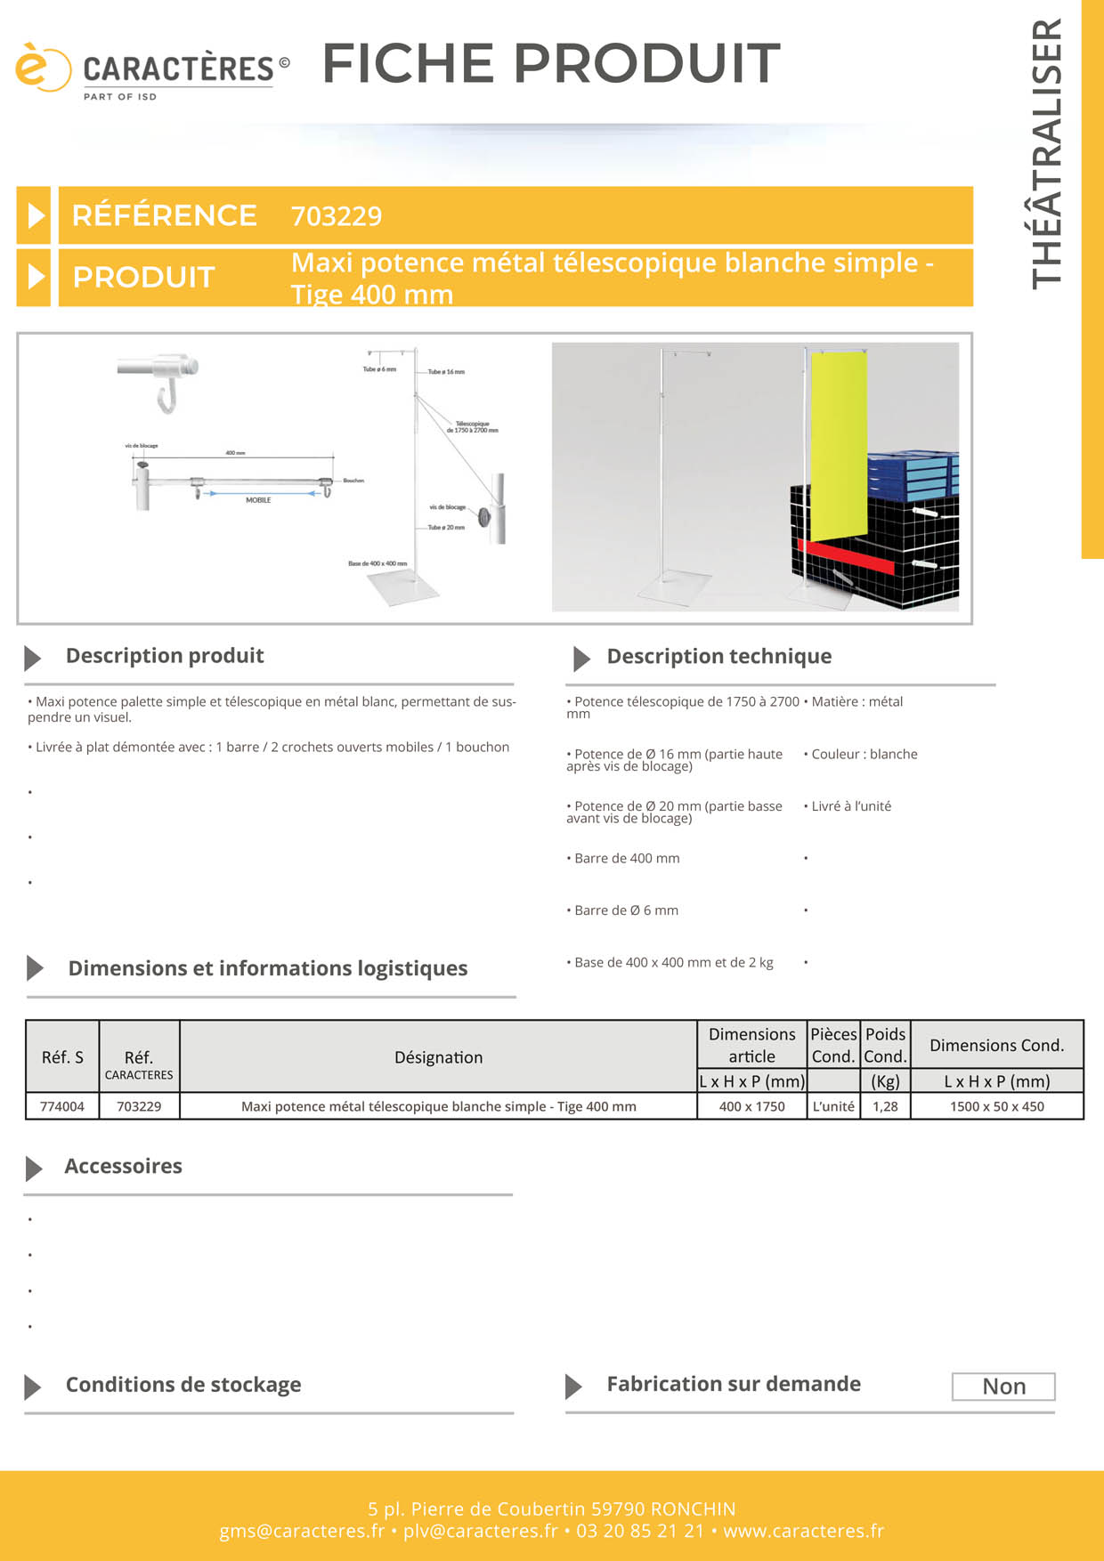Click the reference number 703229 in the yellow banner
[337, 216]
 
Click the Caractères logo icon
[41, 68]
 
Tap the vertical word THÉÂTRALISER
[1047, 153]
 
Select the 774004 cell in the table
[62, 1106]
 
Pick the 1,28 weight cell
[885, 1106]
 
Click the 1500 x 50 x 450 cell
[996, 1106]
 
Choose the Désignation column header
[438, 1057]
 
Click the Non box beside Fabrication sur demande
[1003, 1387]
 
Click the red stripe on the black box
[846, 555]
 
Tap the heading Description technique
[718, 657]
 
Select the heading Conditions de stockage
[183, 1385]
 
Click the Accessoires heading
[123, 1167]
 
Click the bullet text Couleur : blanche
[864, 755]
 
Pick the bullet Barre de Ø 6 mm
[626, 910]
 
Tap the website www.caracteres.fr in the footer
[803, 1531]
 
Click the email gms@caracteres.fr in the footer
[302, 1531]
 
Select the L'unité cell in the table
[833, 1106]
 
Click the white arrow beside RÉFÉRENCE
[35, 215]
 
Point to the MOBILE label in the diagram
[258, 500]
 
